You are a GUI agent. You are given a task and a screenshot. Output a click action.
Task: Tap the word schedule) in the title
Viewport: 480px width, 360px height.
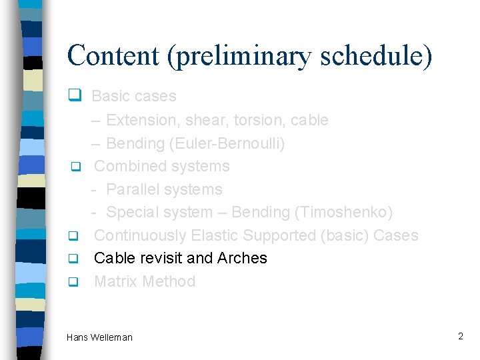tap(376, 56)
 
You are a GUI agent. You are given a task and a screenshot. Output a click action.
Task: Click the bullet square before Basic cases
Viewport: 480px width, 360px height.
tap(75, 96)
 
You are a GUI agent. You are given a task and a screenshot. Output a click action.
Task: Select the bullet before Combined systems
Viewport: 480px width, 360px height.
tap(75, 166)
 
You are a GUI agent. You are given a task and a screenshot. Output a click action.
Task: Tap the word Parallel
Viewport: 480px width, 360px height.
tap(133, 189)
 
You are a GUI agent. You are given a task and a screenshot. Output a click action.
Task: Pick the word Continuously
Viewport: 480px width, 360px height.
tap(141, 235)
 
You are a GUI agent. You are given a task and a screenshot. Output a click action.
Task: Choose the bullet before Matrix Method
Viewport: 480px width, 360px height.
tap(75, 282)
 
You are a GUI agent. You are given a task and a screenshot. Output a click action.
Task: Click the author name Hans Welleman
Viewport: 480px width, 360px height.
tap(99, 337)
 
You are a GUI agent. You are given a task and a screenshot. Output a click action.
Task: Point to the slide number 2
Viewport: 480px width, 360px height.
tap(460, 336)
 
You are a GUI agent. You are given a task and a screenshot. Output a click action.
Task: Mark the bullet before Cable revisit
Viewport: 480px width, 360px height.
tap(75, 259)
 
